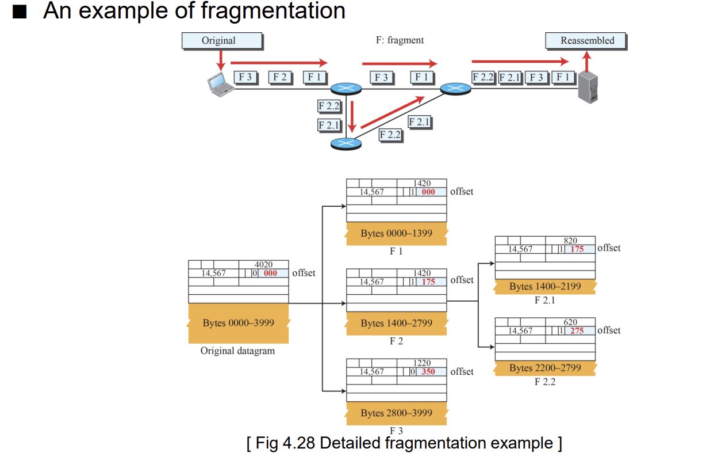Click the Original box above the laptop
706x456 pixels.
pos(222,40)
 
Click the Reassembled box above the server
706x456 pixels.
pos(586,40)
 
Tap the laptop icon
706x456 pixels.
pos(220,85)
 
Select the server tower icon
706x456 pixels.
pos(588,88)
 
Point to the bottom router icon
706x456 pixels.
pos(346,143)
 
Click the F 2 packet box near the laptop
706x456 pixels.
pos(280,77)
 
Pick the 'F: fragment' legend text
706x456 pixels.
pos(400,40)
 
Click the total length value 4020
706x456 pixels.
pos(263,264)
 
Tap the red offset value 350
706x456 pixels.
pos(428,372)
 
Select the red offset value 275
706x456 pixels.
pos(577,330)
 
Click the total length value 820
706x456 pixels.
pos(570,241)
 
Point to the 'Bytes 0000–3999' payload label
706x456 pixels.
pos(238,323)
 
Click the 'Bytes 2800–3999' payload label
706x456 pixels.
pos(397,413)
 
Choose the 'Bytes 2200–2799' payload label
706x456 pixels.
pos(545,368)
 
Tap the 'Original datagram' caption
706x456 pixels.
pos(237,351)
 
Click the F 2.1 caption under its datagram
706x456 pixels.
pos(545,300)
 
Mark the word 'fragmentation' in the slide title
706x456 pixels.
pos(273,11)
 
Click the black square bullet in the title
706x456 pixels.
pos(20,12)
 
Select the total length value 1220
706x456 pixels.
pos(422,363)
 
